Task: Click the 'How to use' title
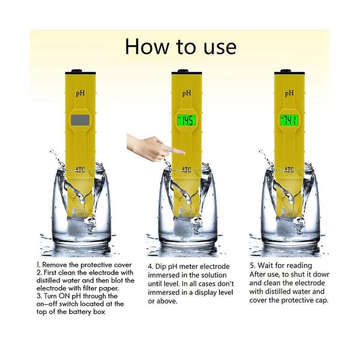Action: point(181,47)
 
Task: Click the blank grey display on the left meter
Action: point(80,120)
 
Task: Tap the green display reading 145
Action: point(186,121)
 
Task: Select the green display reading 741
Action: point(289,121)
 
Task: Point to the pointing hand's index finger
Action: point(175,151)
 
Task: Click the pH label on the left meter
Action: point(80,94)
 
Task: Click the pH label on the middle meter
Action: point(187,94)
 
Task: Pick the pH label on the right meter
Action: point(289,94)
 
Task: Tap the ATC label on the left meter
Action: point(80,170)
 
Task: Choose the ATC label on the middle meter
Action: point(186,170)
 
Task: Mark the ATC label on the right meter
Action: point(289,170)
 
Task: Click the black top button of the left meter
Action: point(77,71)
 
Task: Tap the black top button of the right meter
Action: point(286,71)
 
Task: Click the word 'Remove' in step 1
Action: point(55,265)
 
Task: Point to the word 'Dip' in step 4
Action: point(161,267)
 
